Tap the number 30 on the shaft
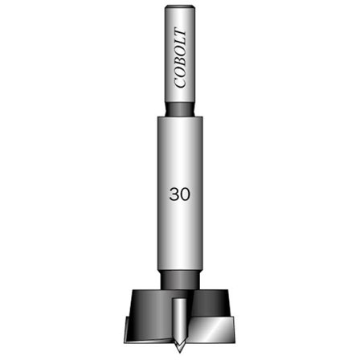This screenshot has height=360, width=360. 179,194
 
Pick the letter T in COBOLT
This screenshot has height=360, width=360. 180,34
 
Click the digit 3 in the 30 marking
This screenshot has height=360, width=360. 174,194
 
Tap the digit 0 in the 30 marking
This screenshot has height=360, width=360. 186,194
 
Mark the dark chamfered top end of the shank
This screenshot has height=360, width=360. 180,9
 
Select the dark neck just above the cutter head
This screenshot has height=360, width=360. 180,279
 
